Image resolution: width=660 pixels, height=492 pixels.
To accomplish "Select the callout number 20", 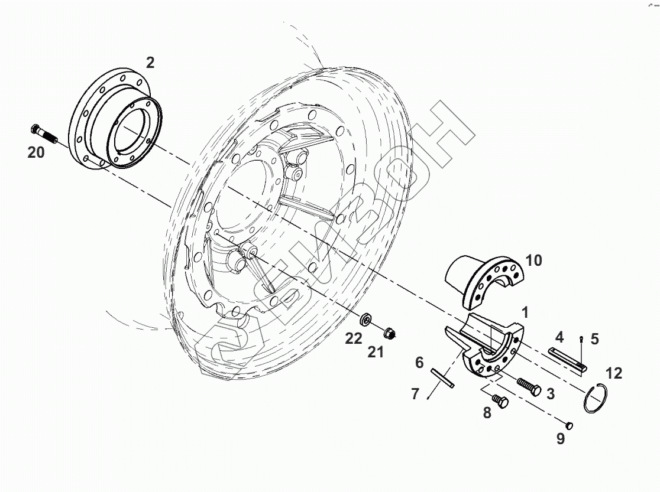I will click(36, 153).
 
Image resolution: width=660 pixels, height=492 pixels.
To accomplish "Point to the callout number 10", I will click(533, 260).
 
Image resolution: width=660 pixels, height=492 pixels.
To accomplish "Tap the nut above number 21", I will click(389, 334).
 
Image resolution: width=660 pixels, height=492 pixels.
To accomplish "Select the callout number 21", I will click(376, 352).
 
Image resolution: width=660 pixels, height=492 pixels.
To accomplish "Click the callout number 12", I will click(613, 373).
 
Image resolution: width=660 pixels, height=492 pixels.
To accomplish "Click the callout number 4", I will click(559, 338).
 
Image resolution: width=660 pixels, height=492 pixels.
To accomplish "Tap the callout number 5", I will click(594, 339).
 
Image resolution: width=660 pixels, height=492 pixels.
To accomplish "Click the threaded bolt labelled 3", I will click(529, 385).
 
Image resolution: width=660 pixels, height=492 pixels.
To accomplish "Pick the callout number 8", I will click(487, 413).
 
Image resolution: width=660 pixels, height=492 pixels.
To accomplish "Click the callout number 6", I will click(419, 363).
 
